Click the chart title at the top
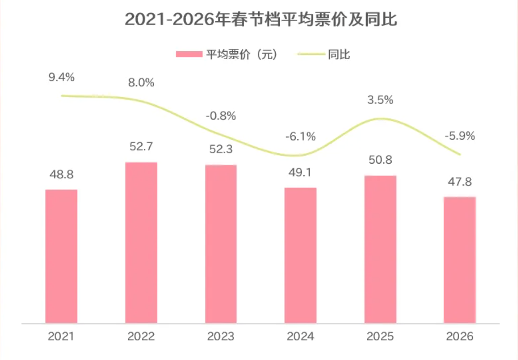coord(261,20)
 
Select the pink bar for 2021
coord(61,256)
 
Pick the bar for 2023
coord(221,244)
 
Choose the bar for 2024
coord(301,255)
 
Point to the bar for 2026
coord(460,260)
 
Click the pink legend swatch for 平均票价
coord(189,54)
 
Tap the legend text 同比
coord(339,54)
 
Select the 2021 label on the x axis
coord(61,337)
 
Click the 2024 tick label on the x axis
coord(301,337)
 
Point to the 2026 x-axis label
coord(460,337)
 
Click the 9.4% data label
coord(61,77)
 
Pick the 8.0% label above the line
coord(141,82)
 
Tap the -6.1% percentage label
coord(301,137)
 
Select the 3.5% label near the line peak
coord(380,100)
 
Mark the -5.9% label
coord(460,136)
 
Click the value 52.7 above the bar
coord(141,146)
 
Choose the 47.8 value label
coord(460,182)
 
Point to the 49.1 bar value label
coord(301,172)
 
